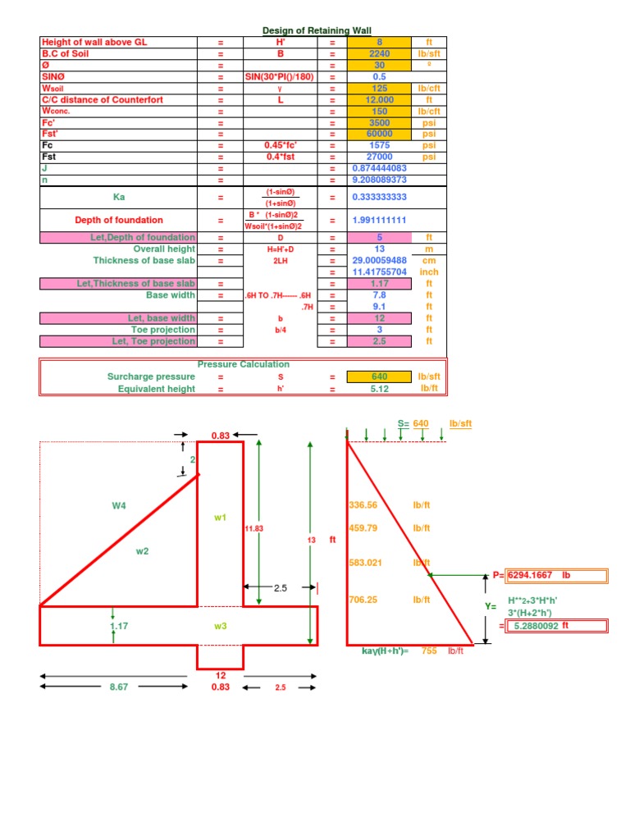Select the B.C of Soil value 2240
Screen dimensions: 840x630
click(379, 53)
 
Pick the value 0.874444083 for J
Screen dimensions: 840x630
click(379, 168)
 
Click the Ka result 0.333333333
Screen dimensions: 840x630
click(379, 197)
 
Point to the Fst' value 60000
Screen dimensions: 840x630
click(379, 134)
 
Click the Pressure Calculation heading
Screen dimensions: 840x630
click(243, 364)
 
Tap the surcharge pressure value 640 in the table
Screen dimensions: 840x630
click(379, 377)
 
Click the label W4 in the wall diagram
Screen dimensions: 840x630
click(119, 505)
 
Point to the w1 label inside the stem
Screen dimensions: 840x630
click(220, 518)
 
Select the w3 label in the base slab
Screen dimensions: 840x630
click(220, 627)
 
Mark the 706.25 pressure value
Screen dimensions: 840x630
click(363, 600)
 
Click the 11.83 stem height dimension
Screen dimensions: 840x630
click(254, 529)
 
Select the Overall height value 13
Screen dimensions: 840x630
click(379, 249)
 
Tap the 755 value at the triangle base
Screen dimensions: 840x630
click(429, 651)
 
